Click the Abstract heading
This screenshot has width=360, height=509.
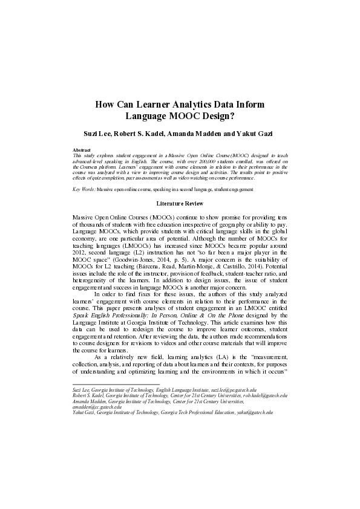point(81,149)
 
